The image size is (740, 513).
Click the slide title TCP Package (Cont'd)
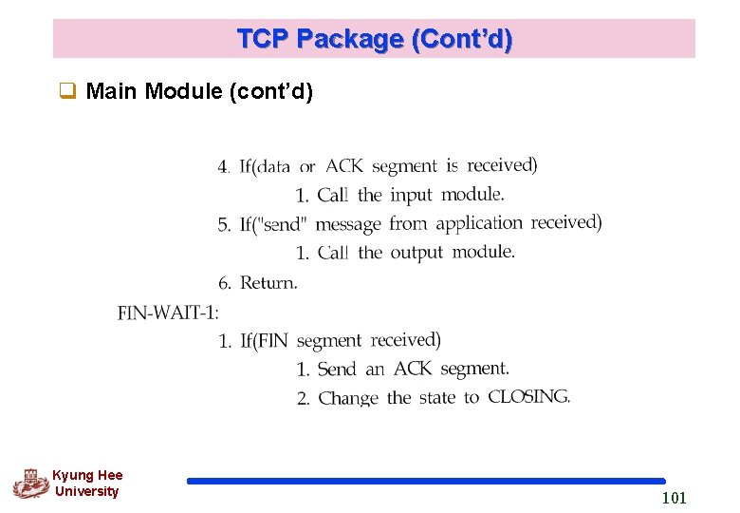point(374,39)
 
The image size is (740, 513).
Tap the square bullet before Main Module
point(68,92)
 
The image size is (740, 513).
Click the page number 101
point(674,498)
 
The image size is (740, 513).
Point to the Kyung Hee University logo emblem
point(30,483)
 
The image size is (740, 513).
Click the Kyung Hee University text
point(86,484)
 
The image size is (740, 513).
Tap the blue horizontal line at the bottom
point(426,481)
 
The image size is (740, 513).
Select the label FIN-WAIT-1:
point(168,313)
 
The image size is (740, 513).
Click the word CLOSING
point(528,397)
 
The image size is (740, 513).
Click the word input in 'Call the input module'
point(411,195)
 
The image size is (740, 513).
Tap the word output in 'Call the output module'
point(416,253)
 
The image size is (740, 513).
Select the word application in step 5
point(479,223)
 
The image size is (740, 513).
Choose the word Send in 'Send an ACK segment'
point(337,369)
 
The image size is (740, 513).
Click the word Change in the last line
point(348,398)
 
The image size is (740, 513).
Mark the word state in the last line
point(437,398)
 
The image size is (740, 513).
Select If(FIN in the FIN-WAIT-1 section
point(264,341)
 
